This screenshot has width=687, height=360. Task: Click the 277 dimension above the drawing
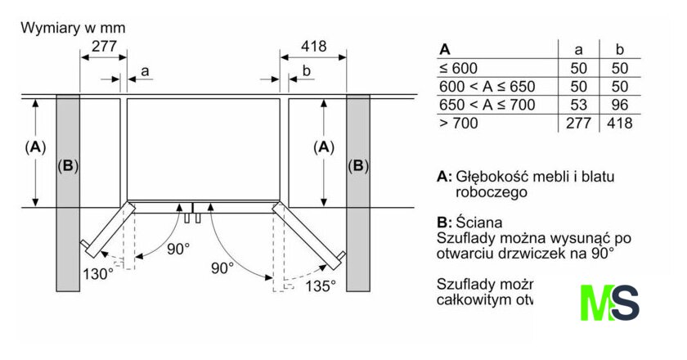coord(103,47)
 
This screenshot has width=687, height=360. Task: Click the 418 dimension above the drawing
coord(313,47)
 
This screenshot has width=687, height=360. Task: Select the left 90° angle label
coord(178,248)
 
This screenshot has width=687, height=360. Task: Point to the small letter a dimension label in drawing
coord(145,71)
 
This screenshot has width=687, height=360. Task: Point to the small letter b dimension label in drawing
coord(306,71)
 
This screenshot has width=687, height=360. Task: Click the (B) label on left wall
coord(68,166)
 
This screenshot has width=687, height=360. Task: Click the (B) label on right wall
coord(357,166)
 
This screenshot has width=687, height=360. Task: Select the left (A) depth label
coord(34,147)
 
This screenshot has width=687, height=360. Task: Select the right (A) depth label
coord(325,147)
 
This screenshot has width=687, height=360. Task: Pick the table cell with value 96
coord(619,105)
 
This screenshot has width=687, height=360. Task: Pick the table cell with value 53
coord(578,105)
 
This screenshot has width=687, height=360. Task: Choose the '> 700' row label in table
coord(459,124)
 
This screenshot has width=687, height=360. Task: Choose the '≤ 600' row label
coord(458,69)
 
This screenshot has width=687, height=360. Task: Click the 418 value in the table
coord(619,124)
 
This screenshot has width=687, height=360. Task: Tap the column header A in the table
coord(445,49)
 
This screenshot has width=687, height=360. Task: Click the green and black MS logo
coord(609,304)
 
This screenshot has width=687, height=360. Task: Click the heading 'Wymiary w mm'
coord(73,27)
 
